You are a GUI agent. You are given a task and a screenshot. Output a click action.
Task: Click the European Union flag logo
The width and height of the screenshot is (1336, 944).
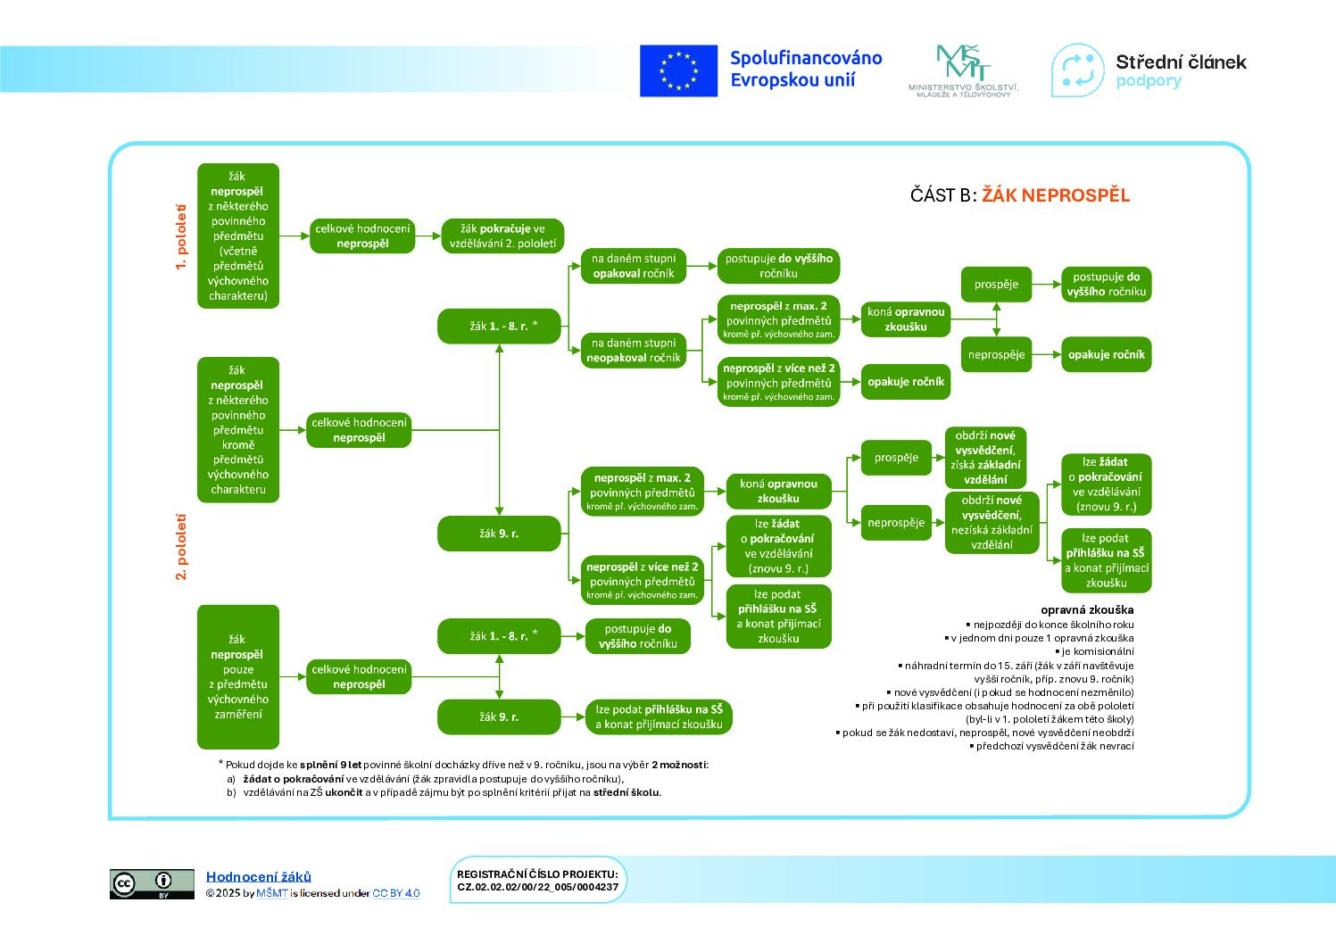tap(678, 70)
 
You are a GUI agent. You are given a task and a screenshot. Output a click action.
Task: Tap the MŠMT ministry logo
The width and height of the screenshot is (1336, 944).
tap(963, 71)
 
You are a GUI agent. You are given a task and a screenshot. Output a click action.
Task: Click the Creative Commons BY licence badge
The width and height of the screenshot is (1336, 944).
tap(152, 883)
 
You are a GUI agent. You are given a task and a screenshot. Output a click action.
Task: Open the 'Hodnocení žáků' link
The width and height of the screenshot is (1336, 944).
tap(258, 876)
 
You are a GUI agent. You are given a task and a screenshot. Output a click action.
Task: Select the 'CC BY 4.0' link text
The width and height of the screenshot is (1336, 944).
tap(396, 893)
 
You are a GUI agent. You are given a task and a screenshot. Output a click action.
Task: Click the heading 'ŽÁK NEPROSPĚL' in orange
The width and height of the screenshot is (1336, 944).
tap(1056, 195)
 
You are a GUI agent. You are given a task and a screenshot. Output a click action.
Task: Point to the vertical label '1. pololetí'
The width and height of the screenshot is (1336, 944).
tap(180, 236)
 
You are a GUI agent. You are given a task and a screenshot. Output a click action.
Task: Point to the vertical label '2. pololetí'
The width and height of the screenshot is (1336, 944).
tap(180, 547)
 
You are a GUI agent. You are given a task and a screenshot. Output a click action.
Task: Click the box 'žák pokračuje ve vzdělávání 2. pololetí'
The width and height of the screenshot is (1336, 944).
tap(502, 236)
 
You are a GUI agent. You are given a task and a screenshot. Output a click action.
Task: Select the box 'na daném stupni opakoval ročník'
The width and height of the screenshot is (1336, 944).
tap(633, 266)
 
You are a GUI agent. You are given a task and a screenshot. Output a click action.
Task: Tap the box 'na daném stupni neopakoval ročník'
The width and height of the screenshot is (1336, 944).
tap(633, 351)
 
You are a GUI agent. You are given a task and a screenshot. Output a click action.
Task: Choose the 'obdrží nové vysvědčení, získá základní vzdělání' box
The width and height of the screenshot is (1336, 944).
tap(984, 458)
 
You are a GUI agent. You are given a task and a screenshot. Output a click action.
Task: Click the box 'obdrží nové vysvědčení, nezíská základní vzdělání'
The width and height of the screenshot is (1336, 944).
tap(992, 522)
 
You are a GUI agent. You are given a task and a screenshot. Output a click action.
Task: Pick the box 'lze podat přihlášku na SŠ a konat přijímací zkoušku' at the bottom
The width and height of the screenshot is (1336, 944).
tap(659, 716)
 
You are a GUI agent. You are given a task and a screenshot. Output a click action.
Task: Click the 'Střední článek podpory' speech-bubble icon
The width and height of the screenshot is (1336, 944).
tap(1077, 70)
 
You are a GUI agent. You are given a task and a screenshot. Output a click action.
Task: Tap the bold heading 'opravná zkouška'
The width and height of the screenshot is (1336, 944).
tap(1087, 610)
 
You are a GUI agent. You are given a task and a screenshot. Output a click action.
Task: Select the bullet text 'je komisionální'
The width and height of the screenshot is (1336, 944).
tap(1094, 651)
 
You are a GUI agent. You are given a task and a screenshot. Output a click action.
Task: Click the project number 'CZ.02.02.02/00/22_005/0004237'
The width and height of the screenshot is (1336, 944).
tap(537, 888)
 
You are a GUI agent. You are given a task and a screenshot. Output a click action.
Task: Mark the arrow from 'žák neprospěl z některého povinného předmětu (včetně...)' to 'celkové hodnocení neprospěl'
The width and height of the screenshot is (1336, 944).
tap(294, 236)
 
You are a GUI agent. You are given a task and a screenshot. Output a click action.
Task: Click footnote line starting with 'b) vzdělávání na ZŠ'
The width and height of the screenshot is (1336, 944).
tap(444, 792)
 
